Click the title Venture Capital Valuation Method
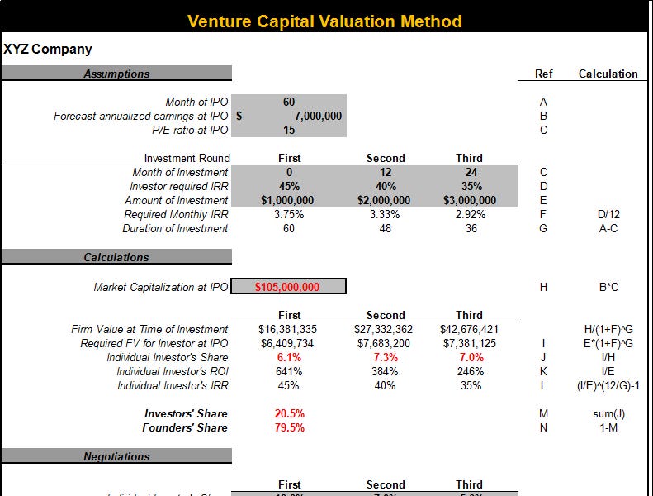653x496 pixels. [324, 21]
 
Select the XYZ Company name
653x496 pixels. [48, 50]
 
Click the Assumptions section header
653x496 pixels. [116, 74]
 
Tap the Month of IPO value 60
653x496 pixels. [289, 103]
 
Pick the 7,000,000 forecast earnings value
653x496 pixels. [318, 117]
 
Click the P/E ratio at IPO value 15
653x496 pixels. [289, 130]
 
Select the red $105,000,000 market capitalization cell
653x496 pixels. [288, 287]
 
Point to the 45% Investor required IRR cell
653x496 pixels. [289, 186]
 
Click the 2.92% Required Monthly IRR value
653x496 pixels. [469, 214]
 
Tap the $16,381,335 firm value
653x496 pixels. [289, 329]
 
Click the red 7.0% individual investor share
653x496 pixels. [469, 357]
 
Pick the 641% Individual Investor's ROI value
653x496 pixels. [289, 371]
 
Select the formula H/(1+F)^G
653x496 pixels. [608, 329]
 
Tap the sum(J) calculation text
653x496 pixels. [608, 413]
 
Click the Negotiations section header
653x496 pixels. [116, 456]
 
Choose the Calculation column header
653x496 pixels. [608, 74]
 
